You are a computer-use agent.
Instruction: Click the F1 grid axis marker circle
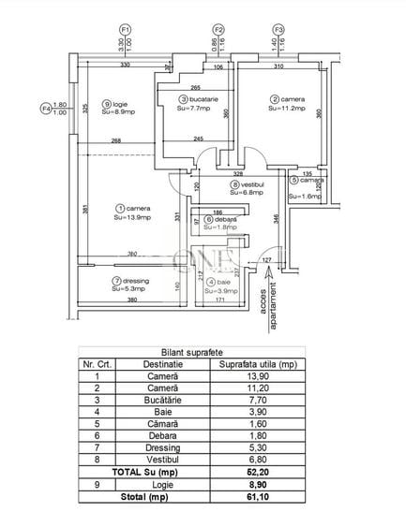coord(125,29)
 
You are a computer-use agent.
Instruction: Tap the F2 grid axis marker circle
coord(218,29)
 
